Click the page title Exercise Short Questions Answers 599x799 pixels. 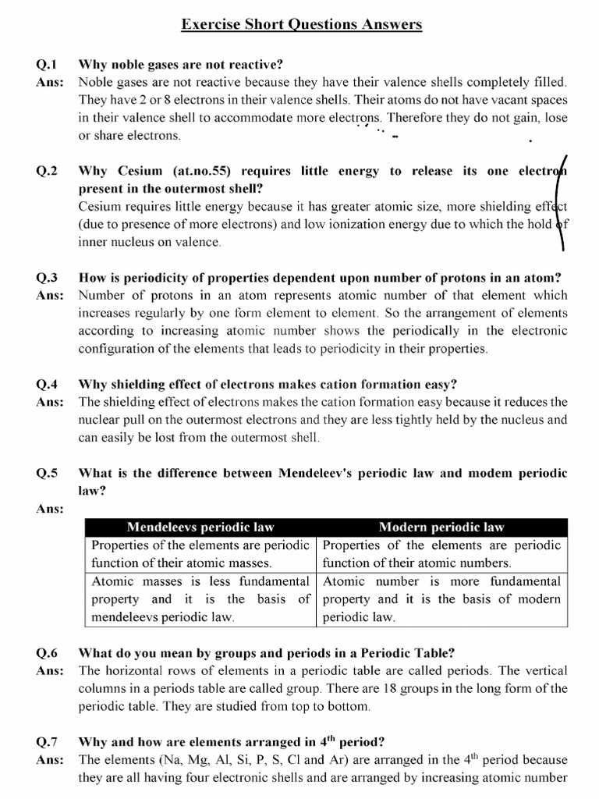302,25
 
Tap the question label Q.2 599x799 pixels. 48,172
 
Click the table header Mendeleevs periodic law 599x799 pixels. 200,527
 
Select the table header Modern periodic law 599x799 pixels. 442,527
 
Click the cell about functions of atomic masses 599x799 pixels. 200,554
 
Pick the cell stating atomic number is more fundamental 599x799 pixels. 441,598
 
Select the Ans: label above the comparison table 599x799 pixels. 49,510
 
